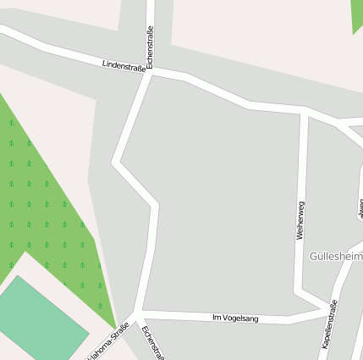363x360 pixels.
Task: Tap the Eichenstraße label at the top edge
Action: [x=150, y=47]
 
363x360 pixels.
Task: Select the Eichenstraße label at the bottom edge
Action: [x=153, y=341]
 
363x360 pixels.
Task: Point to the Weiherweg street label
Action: [x=300, y=220]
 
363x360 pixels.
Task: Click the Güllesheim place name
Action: [x=336, y=256]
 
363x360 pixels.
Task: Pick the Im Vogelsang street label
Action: [x=235, y=318]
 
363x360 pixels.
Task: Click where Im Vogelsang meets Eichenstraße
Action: [x=138, y=313]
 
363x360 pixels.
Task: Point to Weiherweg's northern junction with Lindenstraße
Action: [x=303, y=111]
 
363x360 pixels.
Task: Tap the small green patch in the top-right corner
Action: [x=357, y=14]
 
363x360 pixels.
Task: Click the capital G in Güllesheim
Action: [x=315, y=256]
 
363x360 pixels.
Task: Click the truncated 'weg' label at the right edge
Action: [x=360, y=208]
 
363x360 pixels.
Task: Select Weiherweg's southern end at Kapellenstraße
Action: [x=325, y=305]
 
